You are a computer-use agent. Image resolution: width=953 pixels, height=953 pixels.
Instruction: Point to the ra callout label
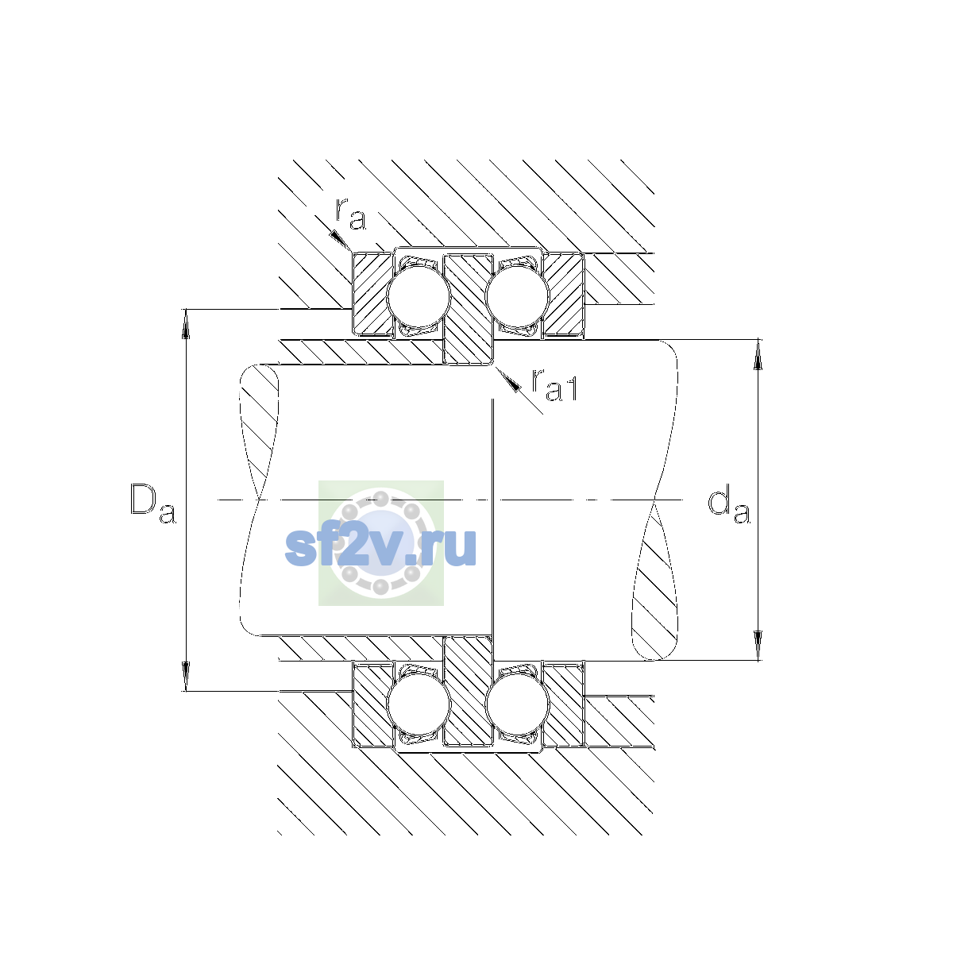tap(351, 214)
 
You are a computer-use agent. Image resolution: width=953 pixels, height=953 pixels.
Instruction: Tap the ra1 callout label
tap(554, 384)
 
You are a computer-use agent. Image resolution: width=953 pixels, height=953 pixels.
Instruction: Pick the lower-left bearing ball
tap(419, 704)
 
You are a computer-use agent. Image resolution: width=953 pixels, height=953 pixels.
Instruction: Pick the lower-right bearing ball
tap(517, 704)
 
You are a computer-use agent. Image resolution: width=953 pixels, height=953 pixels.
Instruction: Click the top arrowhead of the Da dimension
tap(186, 324)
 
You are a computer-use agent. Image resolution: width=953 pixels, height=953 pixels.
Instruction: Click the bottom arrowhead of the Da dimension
tap(186, 676)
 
